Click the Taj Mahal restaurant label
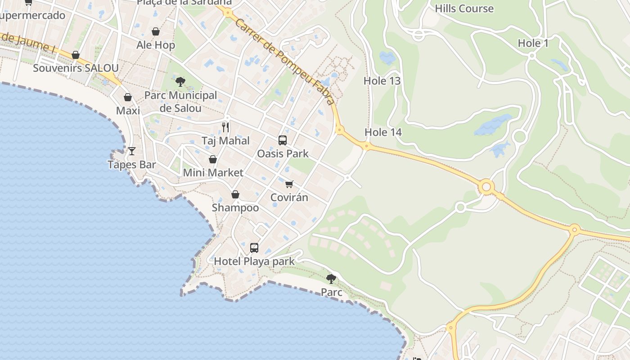[225, 141]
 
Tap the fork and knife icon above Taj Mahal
[225, 127]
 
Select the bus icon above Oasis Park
[283, 140]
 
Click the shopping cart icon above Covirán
[289, 184]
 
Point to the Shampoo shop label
[235, 207]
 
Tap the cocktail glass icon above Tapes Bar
[132, 151]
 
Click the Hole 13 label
[382, 81]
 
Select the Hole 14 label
[383, 132]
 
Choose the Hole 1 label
[533, 43]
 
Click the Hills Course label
[464, 9]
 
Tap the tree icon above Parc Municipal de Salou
[180, 82]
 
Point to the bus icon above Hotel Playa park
[254, 248]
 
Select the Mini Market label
[213, 172]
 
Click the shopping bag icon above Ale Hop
[156, 31]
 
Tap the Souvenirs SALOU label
[76, 68]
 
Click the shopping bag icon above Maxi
[128, 97]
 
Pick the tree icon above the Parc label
[331, 279]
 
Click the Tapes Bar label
[132, 165]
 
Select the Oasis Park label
[283, 153]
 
